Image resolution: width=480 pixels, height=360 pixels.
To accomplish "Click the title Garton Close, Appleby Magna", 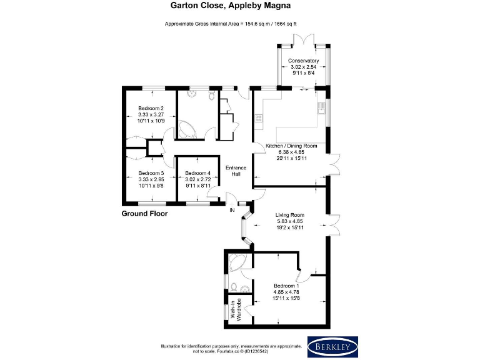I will (x=239, y=6).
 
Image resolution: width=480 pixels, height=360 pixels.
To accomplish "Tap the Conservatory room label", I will (x=303, y=61).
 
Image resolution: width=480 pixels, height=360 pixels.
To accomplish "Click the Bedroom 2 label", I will (x=151, y=108).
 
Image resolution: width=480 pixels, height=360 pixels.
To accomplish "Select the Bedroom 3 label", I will (x=151, y=173).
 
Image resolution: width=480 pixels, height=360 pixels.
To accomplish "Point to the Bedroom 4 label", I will (x=197, y=173).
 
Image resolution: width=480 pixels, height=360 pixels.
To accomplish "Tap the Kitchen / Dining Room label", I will (x=291, y=146).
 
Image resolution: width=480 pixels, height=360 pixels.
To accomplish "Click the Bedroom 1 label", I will (x=286, y=286).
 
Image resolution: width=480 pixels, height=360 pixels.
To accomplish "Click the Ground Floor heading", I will (x=144, y=214).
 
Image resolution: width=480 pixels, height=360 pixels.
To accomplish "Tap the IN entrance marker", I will (x=232, y=210).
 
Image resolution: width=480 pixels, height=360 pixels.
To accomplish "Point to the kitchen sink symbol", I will (x=321, y=107).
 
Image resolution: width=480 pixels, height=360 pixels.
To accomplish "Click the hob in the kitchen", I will (x=257, y=117).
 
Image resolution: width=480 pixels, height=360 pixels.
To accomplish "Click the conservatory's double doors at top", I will (x=303, y=39).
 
